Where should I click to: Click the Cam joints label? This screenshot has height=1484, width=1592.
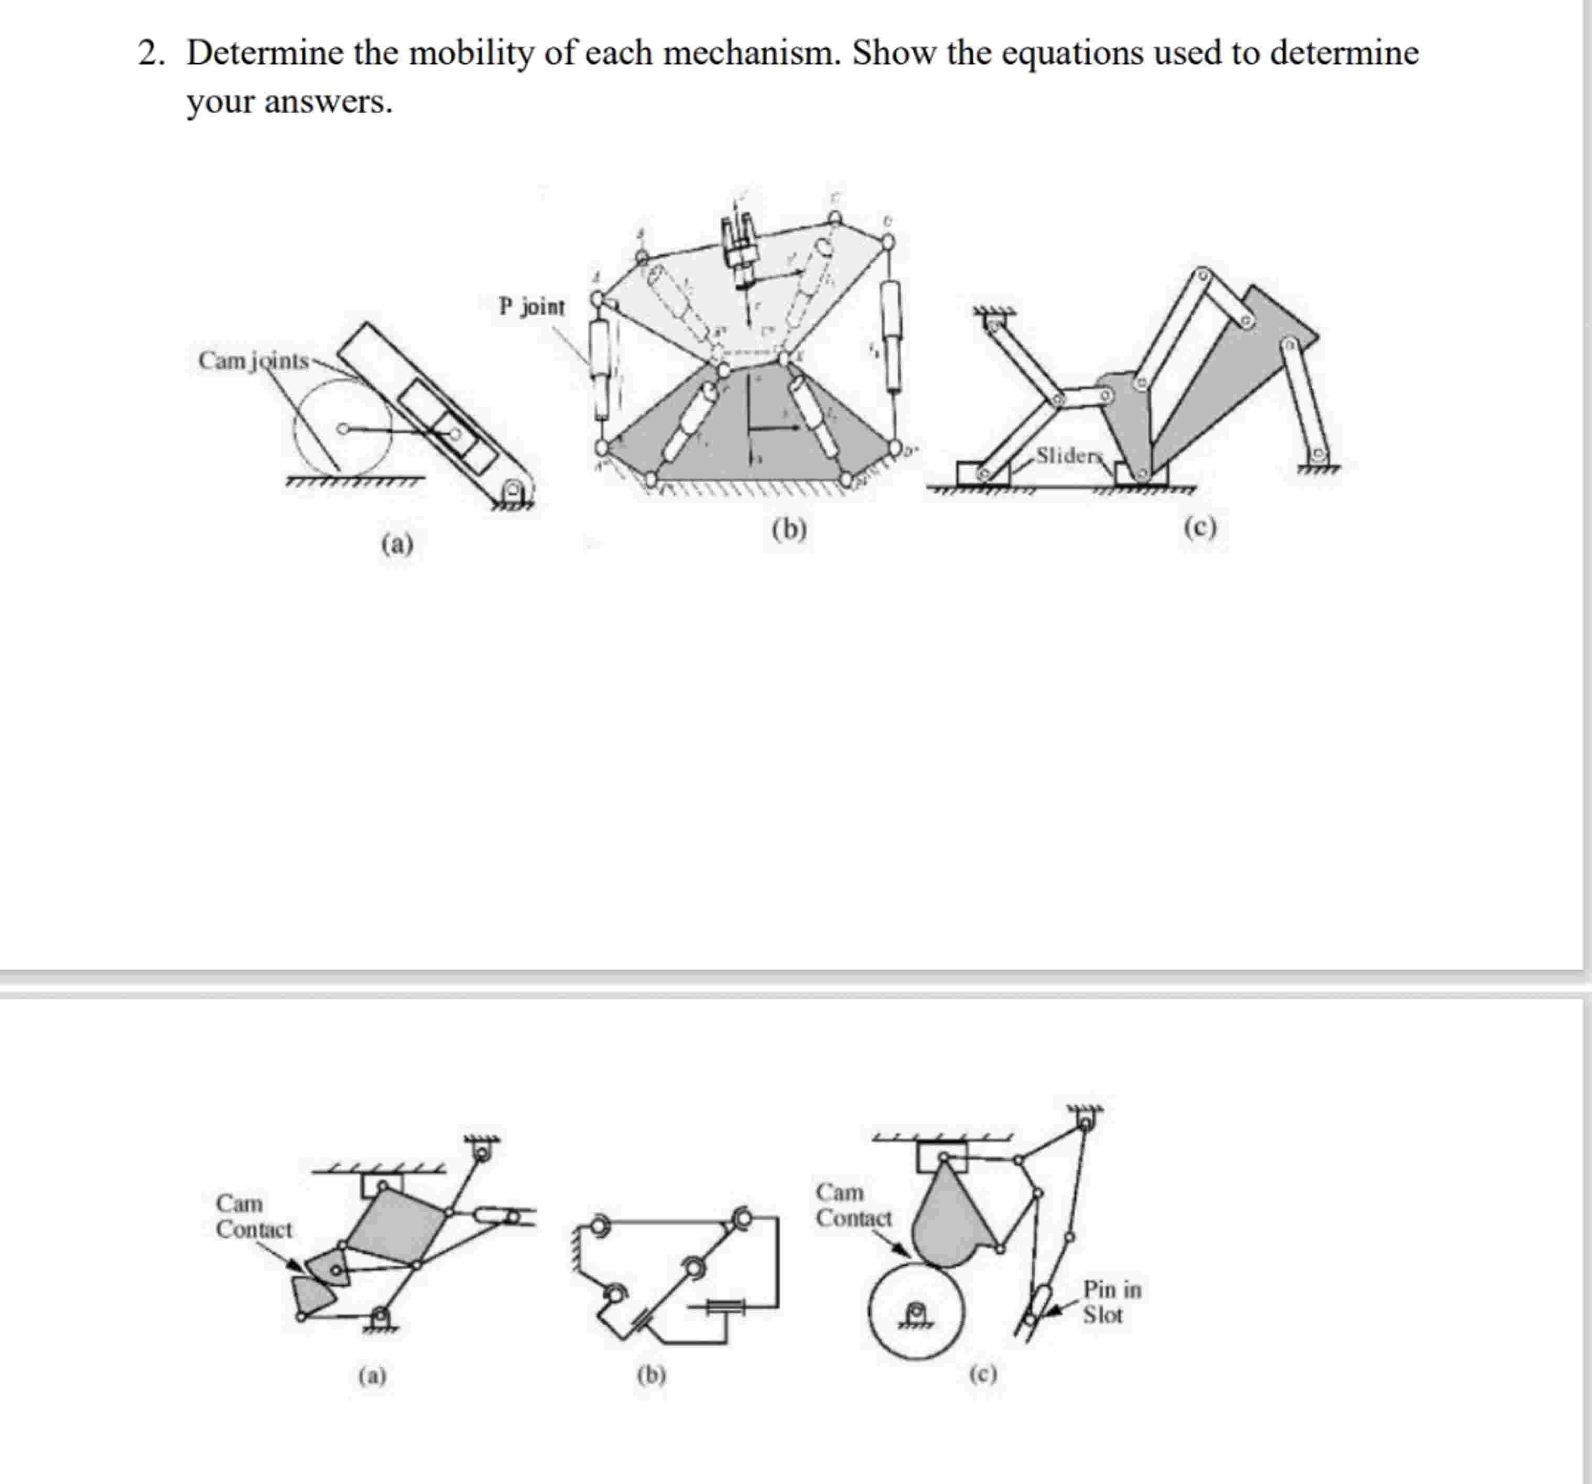(253, 361)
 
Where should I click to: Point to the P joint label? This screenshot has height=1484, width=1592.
(531, 307)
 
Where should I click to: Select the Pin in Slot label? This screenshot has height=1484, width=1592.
(1111, 1302)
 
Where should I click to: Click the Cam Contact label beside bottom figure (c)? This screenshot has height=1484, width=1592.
(853, 1205)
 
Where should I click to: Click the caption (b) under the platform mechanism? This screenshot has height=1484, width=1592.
(789, 529)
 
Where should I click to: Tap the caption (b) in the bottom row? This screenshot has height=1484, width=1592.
(651, 1374)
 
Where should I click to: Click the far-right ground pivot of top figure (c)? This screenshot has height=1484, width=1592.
(1317, 457)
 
